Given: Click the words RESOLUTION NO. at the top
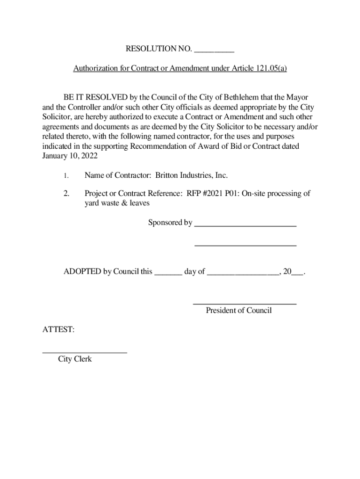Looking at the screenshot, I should click(x=158, y=49).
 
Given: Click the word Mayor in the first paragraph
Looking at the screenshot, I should click(x=298, y=97).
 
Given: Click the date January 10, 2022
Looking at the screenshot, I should click(x=67, y=156).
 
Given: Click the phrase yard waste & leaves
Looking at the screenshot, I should click(x=117, y=203).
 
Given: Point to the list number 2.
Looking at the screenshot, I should click(x=66, y=194).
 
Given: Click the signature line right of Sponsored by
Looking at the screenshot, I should click(x=245, y=225).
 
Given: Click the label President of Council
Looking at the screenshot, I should click(x=238, y=310).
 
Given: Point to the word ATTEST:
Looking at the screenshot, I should click(x=58, y=330).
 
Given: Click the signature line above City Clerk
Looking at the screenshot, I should click(x=85, y=352).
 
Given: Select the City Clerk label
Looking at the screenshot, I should click(x=75, y=359).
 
